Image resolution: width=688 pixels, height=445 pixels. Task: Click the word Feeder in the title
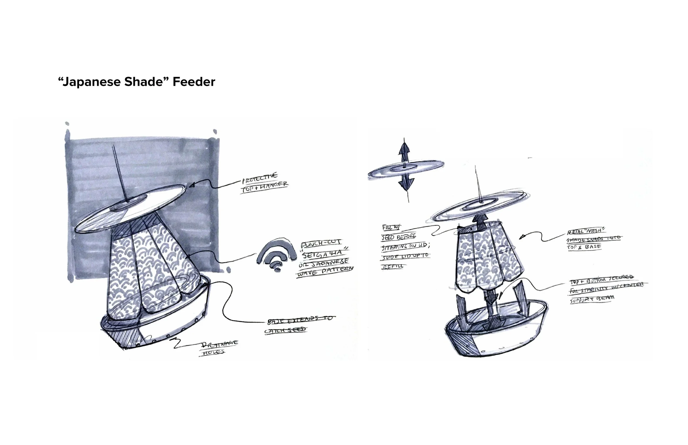point(194,82)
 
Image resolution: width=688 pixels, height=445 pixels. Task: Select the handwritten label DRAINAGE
point(220,344)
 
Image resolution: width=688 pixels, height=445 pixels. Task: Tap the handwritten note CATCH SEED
point(285,330)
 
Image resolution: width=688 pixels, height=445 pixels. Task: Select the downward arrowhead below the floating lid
point(406,183)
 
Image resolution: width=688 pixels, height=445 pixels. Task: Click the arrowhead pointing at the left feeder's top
point(191,186)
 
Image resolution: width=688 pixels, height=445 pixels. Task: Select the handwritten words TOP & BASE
point(584,247)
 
